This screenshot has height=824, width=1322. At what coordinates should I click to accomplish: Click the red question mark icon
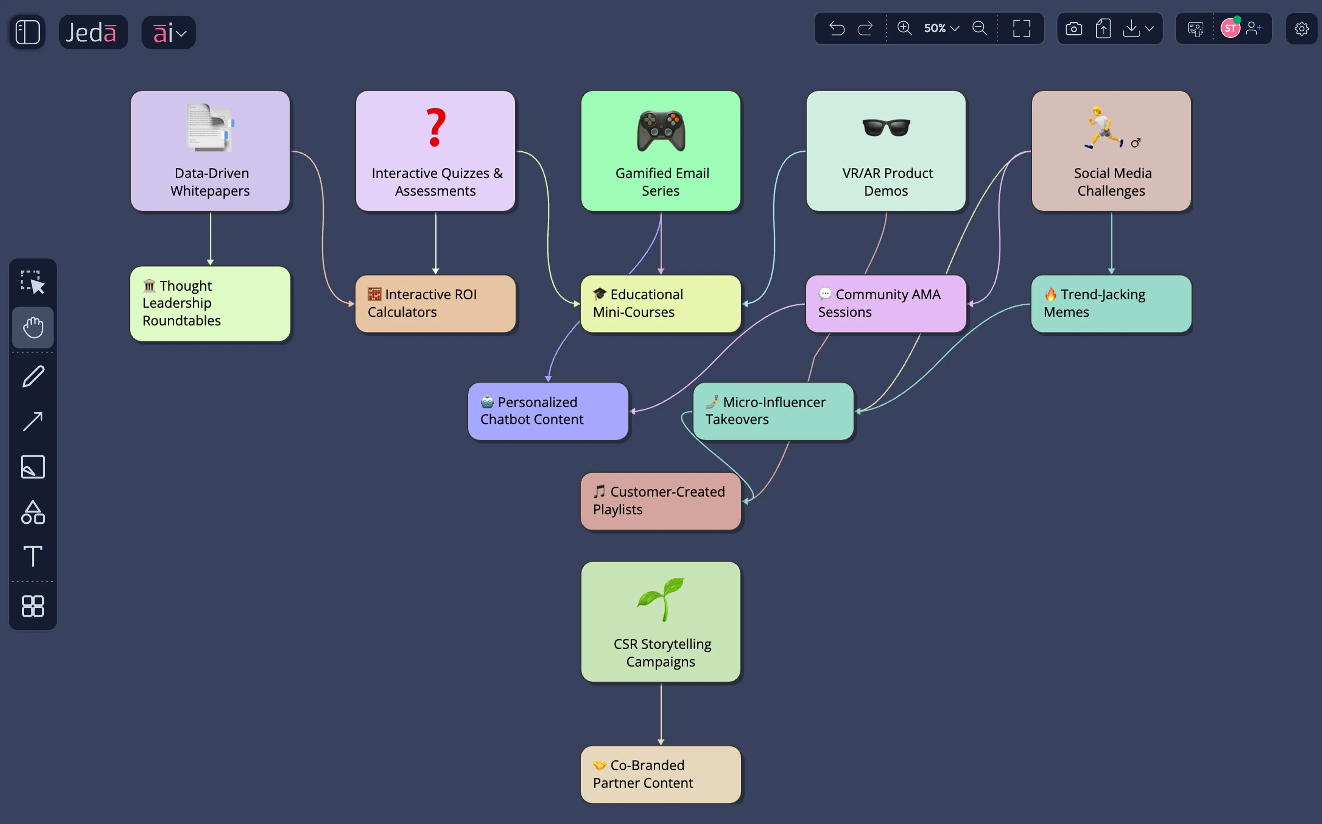435,128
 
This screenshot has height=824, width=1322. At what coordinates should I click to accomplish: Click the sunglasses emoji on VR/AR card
886,128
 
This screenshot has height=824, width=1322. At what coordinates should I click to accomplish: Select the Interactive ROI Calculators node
435,304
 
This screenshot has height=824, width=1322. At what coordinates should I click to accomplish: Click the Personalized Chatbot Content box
548,412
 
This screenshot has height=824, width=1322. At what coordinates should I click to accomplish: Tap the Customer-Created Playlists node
661,501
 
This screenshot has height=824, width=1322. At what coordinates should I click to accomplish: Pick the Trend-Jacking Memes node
1111,304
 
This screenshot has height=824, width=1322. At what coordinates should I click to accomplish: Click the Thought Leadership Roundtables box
210,304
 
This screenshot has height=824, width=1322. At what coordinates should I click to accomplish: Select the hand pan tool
33,328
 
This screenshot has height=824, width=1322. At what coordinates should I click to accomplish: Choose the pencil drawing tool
33,376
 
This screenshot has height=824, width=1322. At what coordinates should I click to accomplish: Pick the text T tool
33,556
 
